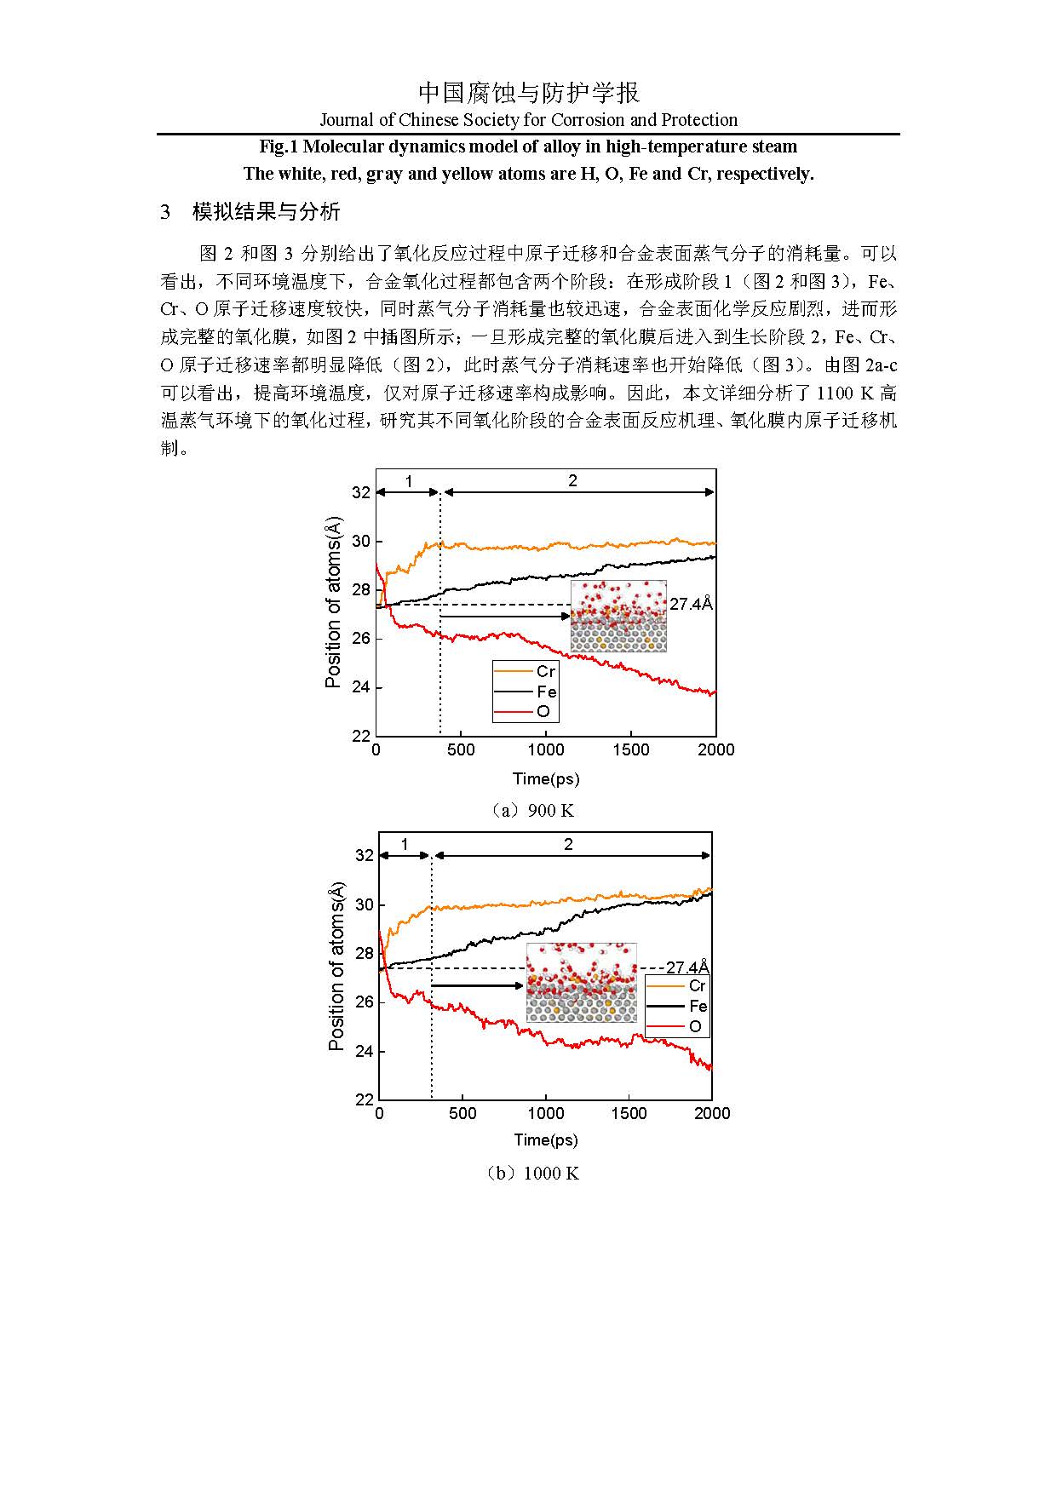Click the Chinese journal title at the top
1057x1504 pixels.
528,92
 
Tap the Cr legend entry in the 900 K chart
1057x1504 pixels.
545,672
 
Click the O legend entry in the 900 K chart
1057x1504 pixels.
543,711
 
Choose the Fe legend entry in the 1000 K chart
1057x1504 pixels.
698,1006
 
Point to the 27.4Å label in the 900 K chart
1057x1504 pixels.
691,604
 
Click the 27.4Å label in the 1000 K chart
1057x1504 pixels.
687,967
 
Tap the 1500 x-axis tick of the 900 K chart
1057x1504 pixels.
630,749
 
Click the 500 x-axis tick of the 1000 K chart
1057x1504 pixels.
462,1113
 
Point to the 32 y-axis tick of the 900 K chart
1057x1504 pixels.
361,492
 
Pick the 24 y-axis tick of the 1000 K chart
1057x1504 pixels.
364,1051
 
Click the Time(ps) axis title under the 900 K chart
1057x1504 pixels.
545,778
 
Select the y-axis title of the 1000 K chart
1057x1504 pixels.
336,966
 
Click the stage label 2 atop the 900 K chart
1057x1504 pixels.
572,481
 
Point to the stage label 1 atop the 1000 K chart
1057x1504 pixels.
405,845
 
